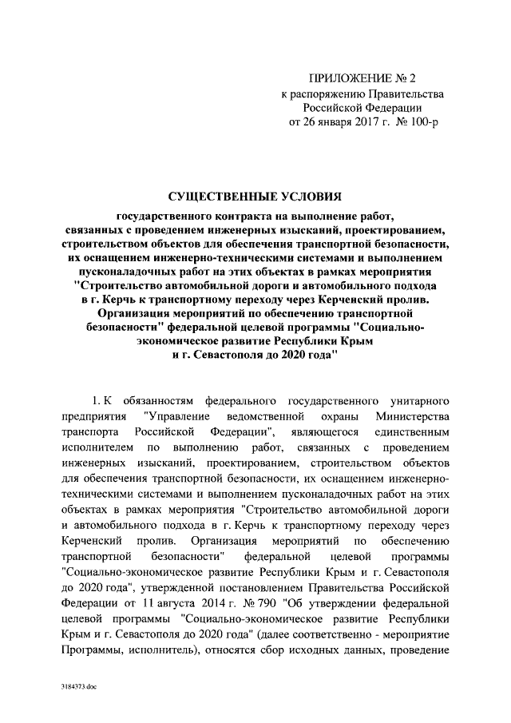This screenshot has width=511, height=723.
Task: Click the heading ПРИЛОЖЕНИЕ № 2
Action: point(362,78)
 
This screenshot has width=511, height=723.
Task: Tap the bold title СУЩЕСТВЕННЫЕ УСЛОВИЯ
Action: point(255,197)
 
